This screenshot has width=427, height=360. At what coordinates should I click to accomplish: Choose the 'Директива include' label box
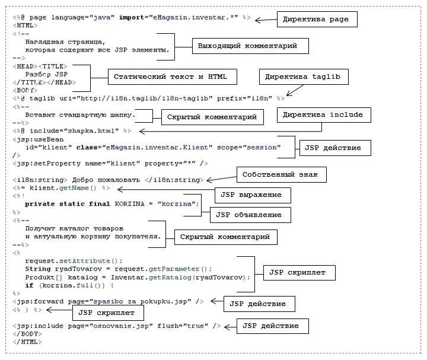323,115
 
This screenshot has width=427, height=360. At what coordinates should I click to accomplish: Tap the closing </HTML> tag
26,342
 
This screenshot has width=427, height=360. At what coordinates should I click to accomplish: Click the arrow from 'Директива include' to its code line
208,130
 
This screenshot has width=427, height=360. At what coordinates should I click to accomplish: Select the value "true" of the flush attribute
195,326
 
